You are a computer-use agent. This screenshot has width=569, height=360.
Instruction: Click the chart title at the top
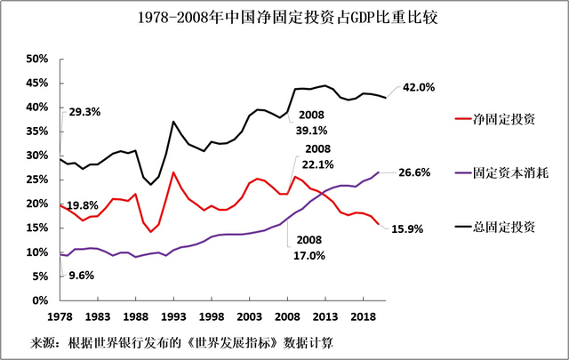coord(284,18)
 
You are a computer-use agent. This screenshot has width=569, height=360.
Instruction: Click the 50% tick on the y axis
coord(36,59)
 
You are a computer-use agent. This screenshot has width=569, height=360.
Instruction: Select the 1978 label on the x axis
coord(60,316)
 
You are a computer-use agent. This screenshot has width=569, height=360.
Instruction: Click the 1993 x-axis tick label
coord(173,316)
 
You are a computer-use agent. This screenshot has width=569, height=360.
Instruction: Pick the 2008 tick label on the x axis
coord(288,316)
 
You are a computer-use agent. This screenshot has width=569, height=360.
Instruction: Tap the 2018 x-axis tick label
coord(364,316)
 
